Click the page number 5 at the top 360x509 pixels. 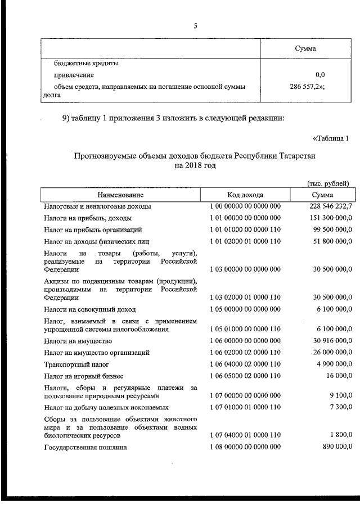[x=195, y=26]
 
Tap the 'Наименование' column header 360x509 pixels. [x=120, y=195]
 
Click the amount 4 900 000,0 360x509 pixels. [x=331, y=364]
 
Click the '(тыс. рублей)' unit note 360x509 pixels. [x=328, y=183]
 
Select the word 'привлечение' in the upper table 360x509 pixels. [x=74, y=75]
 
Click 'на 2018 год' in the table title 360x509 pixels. [x=195, y=166]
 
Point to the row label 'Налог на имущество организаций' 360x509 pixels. [x=97, y=353]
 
